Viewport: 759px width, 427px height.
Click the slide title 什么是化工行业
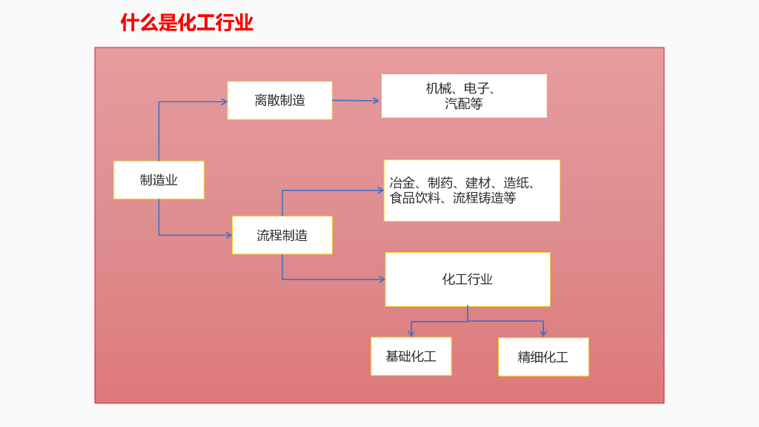[187, 23]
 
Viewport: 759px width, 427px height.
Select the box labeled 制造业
[159, 180]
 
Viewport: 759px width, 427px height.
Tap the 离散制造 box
[279, 101]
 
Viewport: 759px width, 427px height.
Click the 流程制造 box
[282, 236]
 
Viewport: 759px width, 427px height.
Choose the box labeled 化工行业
[467, 279]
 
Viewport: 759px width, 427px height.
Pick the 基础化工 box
[411, 357]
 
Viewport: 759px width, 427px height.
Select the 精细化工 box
[543, 357]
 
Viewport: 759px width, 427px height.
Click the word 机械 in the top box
[438, 89]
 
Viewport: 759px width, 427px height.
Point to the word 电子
[476, 89]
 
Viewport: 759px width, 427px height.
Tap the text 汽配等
[464, 105]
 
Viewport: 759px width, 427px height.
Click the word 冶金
[402, 183]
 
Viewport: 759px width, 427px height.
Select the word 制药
[440, 183]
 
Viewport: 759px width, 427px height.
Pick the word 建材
[478, 183]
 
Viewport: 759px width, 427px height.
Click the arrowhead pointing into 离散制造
[224, 102]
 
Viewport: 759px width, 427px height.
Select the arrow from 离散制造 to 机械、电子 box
[356, 100]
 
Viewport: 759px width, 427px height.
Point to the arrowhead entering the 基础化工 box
[411, 334]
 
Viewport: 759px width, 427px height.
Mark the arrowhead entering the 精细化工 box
[543, 334]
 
